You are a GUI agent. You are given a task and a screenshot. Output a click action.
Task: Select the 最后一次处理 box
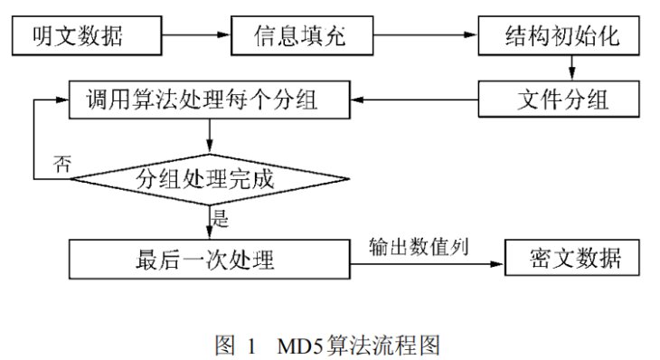[x=209, y=260]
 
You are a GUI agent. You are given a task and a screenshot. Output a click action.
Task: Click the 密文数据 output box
[x=575, y=260]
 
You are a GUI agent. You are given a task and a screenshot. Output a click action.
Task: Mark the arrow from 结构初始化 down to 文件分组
[x=570, y=69]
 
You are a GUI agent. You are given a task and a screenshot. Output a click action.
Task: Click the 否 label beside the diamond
[x=62, y=164]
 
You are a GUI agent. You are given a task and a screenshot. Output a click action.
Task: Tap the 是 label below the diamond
[x=220, y=217]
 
